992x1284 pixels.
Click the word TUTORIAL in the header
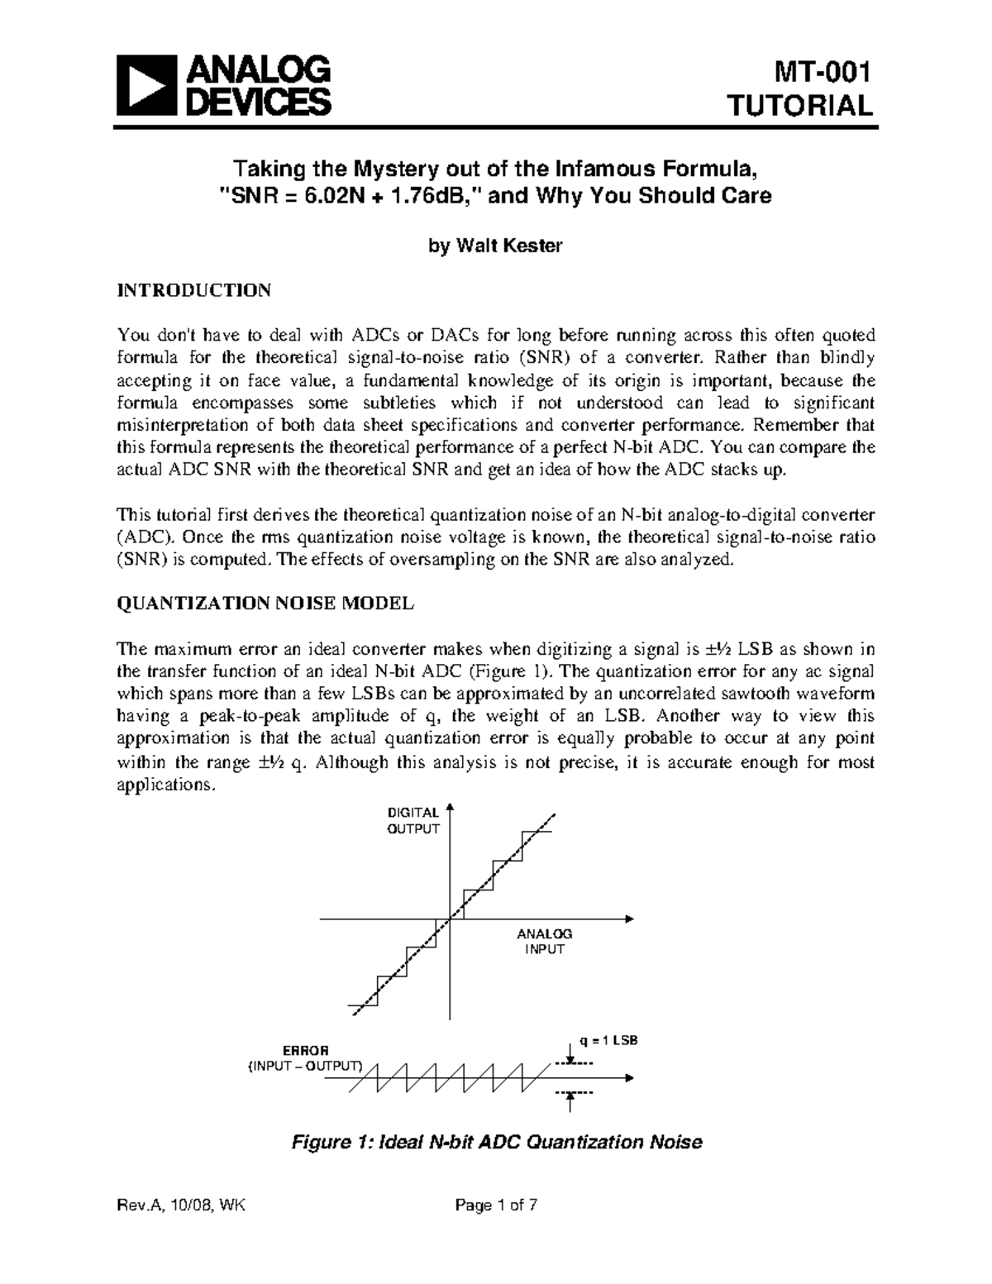coord(799,107)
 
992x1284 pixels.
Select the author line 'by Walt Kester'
coord(495,246)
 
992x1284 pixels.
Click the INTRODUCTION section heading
coord(194,290)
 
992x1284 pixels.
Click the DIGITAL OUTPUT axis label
coord(413,821)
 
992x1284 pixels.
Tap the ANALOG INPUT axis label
coord(545,941)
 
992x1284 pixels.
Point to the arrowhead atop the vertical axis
coord(450,807)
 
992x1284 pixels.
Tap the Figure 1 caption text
coord(495,1143)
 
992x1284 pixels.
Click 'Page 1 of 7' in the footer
coord(496,1229)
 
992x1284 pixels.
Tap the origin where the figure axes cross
coord(450,919)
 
